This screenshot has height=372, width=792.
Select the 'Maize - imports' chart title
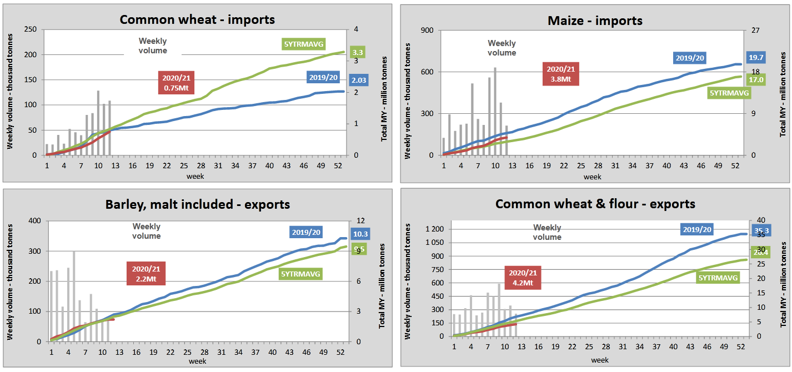594,21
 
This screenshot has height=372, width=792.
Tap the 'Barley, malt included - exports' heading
198,205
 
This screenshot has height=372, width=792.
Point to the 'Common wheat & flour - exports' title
595,204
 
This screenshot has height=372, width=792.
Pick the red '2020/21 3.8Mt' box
562,74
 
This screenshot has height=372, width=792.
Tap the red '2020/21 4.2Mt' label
522,278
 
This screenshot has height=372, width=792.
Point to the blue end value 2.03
359,79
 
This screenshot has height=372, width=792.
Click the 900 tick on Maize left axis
425,31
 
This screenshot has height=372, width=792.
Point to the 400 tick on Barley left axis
33,222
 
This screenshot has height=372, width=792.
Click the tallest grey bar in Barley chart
74,296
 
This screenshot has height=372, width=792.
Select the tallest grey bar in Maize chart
495,111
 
